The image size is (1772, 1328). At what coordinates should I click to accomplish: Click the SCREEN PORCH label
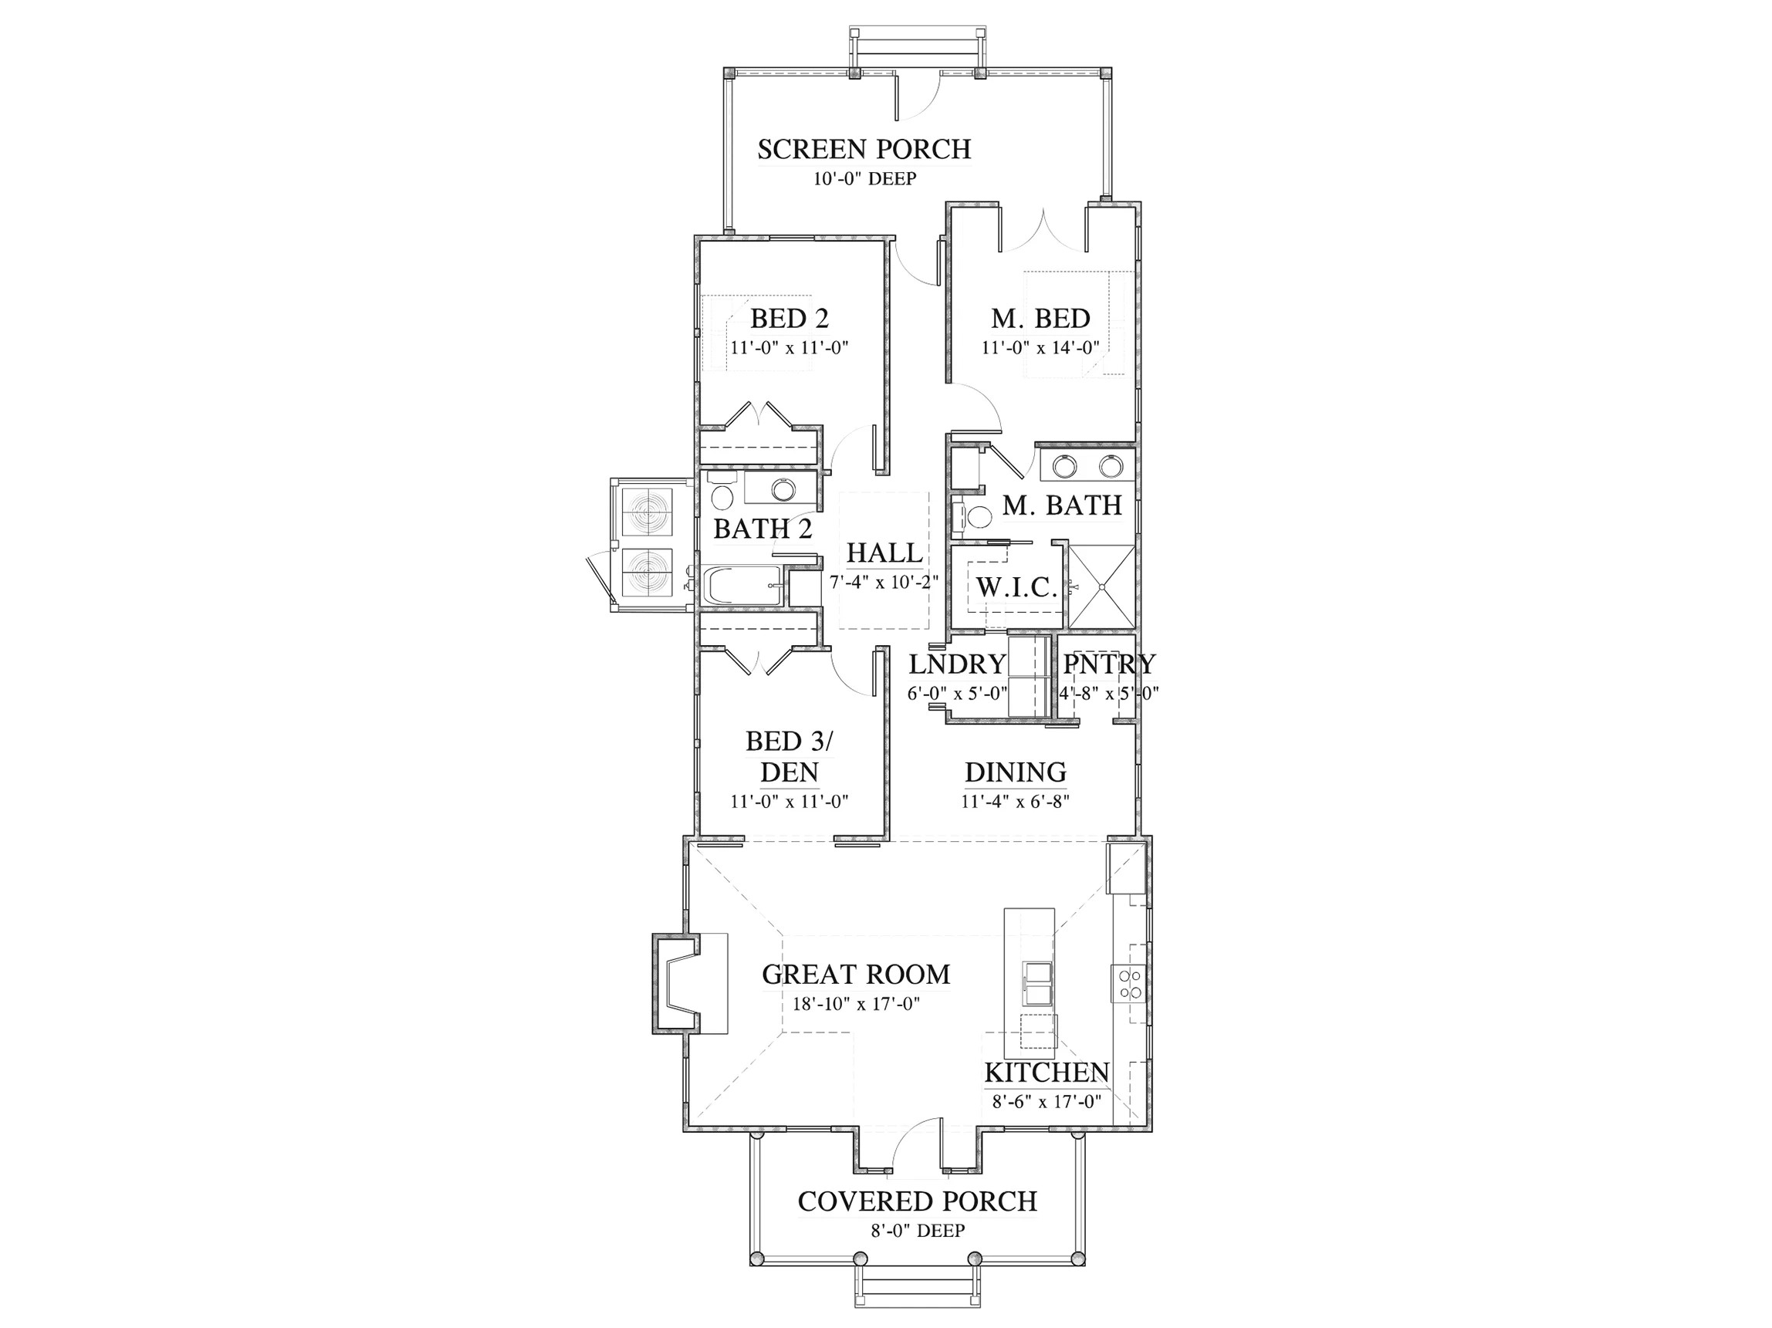(x=864, y=150)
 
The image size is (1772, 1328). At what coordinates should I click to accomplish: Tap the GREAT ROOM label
(x=856, y=975)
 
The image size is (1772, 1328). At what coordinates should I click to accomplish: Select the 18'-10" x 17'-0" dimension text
(x=856, y=1004)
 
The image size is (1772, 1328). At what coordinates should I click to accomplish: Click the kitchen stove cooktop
(x=1129, y=984)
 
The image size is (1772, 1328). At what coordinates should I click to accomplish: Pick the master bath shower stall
(x=1101, y=586)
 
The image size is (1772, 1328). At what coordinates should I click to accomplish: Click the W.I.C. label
(x=1016, y=588)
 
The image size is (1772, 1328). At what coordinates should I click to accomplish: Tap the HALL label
(x=884, y=552)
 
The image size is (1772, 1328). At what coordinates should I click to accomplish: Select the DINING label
(x=1015, y=772)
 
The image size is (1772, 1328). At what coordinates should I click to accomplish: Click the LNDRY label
(x=957, y=664)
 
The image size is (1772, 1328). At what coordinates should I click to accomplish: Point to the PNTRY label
(x=1109, y=664)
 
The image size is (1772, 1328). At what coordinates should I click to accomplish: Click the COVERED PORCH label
(x=917, y=1201)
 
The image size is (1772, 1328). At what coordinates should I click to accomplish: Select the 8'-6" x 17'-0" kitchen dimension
(x=1047, y=1101)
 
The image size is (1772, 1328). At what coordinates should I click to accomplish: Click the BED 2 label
(x=789, y=319)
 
